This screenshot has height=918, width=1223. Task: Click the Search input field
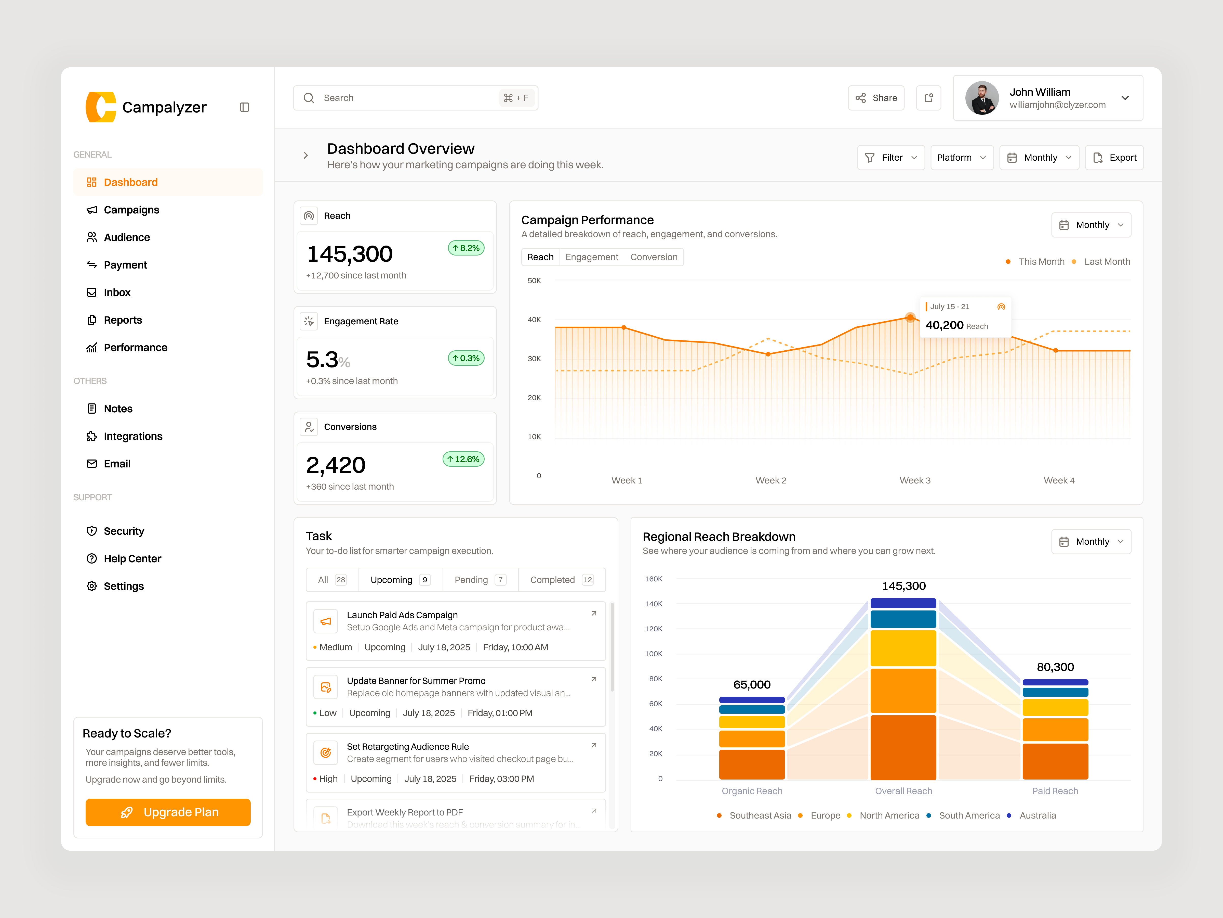coord(409,98)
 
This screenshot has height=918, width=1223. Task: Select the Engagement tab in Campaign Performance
coord(592,257)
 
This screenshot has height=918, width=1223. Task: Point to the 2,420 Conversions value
coord(336,465)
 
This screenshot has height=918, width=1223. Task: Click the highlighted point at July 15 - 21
coord(910,318)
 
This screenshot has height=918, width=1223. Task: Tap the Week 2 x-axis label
coord(771,480)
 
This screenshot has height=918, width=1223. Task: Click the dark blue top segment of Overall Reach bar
coord(903,603)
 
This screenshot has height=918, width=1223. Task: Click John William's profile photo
coord(982,98)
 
